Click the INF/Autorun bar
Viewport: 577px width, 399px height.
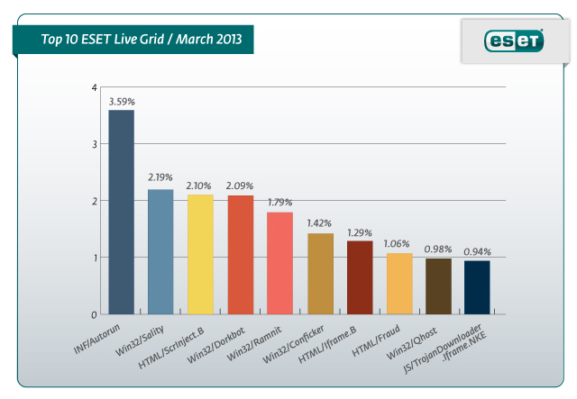[x=121, y=213]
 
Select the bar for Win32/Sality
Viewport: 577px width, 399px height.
[x=160, y=252]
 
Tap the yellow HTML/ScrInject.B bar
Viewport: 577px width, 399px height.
[x=200, y=255]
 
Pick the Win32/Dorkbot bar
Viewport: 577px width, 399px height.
[x=240, y=255]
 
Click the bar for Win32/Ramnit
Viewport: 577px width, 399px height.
[x=279, y=263]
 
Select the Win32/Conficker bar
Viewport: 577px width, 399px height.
[x=320, y=274]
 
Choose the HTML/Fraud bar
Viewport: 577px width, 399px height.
[x=399, y=284]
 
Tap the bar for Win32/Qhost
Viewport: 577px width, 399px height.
[x=439, y=286]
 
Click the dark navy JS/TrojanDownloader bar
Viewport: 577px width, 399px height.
[x=478, y=287]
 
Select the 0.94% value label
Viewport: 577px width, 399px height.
[x=478, y=252]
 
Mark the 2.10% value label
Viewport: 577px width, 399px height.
[x=200, y=186]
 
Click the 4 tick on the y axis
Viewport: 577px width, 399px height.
[x=95, y=87]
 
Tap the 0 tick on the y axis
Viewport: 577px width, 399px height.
[x=95, y=315]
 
